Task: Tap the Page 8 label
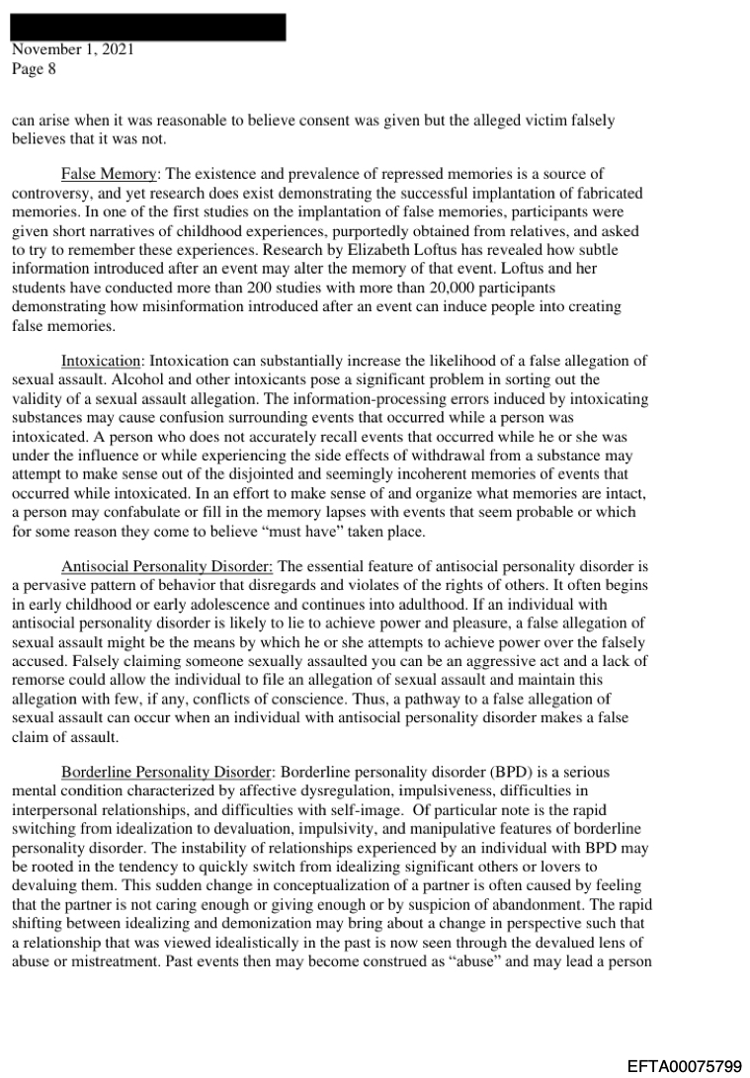pos(35,69)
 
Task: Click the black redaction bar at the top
pos(148,27)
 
